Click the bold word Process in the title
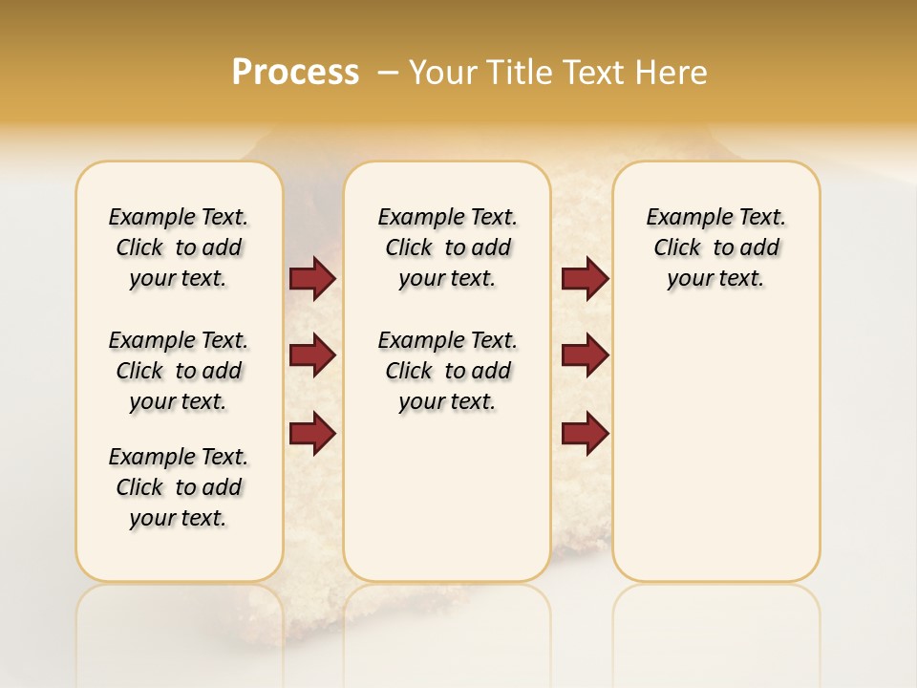point(295,73)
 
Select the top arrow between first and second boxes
point(312,278)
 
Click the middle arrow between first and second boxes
point(312,355)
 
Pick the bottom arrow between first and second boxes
point(312,433)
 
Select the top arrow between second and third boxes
point(585,278)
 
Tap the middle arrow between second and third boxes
point(585,355)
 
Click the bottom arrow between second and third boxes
point(585,433)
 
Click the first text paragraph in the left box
point(179,247)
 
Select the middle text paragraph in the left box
point(179,371)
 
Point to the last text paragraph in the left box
point(179,487)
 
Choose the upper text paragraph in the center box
point(447,247)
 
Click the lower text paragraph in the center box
point(447,371)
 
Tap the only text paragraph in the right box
point(715,247)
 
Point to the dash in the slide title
point(388,73)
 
